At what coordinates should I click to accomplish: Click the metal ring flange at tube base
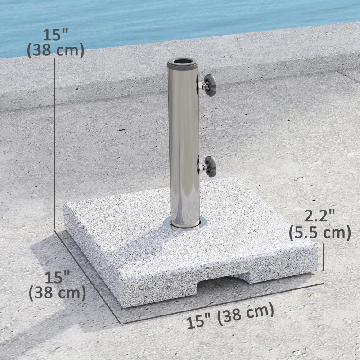coord(185,224)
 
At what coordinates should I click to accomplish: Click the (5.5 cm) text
coord(320,233)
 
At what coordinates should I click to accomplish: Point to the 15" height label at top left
coord(56,34)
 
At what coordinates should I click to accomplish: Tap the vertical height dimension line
coord(55,144)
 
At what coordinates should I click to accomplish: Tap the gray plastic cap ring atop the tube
coord(184,65)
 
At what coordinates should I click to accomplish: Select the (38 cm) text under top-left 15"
coord(56,50)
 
